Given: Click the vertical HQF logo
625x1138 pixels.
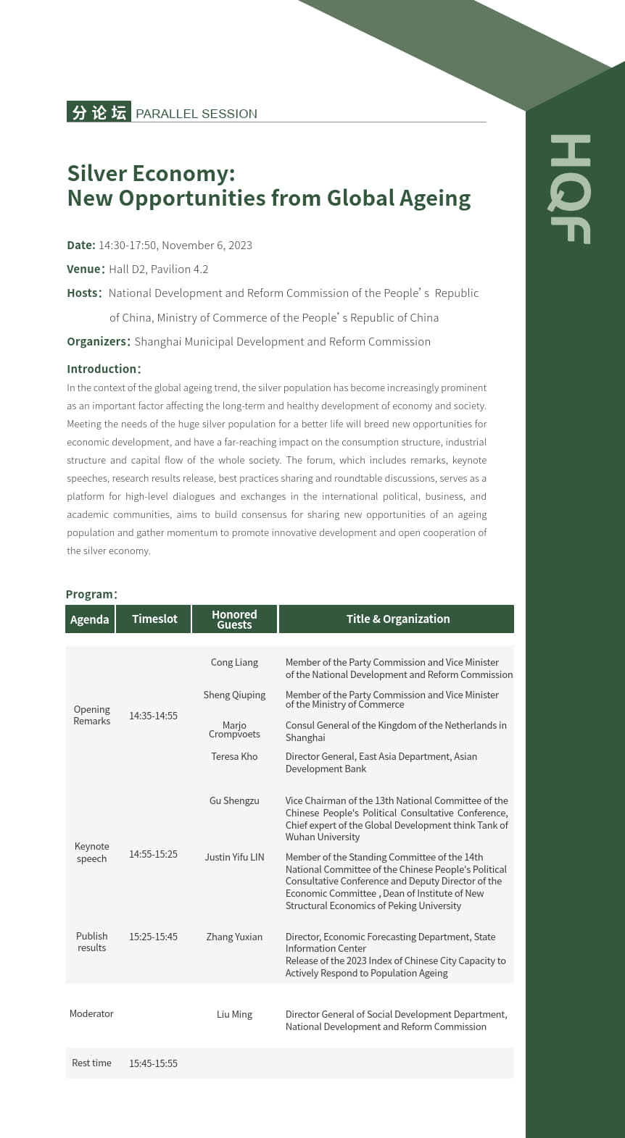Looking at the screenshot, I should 570,189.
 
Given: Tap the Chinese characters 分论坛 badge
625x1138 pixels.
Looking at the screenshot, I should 99,112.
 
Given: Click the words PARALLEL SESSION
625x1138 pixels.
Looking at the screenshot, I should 196,114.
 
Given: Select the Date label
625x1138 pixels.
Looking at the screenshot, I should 81,245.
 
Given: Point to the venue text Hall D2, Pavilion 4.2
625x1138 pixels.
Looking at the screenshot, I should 159,269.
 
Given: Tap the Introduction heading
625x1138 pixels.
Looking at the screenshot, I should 104,369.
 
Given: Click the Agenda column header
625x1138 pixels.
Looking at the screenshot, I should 90,619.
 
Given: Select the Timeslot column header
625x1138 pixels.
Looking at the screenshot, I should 154,619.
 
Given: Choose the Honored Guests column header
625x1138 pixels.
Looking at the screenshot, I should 234,619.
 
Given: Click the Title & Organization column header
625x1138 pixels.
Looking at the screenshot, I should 397,619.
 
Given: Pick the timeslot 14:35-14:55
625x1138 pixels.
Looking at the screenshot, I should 153,716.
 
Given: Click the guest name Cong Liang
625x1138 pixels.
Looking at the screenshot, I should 234,662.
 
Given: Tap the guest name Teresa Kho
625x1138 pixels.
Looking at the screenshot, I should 234,756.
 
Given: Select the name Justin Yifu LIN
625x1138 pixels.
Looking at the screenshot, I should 234,857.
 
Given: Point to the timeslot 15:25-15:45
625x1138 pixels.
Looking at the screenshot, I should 153,937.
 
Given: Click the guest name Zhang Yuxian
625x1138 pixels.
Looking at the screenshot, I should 234,937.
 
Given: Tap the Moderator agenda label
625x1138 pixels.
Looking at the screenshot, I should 91,1013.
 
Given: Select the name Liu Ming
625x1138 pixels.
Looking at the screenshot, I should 234,1014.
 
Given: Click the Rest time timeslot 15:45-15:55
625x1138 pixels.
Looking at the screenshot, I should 153,1063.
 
